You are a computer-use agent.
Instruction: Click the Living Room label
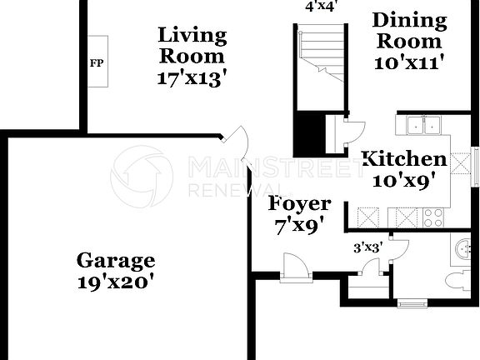[x=192, y=46]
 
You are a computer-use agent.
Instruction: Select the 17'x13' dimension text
[x=192, y=78]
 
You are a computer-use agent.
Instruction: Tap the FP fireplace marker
[x=96, y=62]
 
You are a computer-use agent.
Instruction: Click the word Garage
[x=116, y=260]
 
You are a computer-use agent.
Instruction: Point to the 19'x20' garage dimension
[x=116, y=282]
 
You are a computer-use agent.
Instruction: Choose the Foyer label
[x=299, y=203]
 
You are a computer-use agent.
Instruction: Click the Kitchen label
[x=403, y=158]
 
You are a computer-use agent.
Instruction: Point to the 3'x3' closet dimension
[x=368, y=247]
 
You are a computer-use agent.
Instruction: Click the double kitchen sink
[x=424, y=126]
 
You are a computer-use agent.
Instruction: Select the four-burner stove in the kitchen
[x=433, y=218]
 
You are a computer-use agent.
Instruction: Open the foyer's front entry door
[x=295, y=269]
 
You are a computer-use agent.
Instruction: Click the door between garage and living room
[x=238, y=142]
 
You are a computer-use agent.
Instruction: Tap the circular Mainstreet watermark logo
[x=142, y=177]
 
